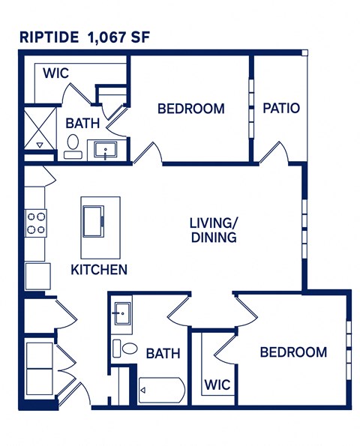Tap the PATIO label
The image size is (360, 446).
pos(281,108)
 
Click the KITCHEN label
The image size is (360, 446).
pos(99,269)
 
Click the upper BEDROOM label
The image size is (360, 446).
pos(190,109)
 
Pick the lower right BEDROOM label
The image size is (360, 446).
pos(293,352)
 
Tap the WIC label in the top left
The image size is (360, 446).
pos(56,73)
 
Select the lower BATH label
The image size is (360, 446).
pos(162,352)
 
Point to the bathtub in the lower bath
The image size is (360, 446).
pos(160,391)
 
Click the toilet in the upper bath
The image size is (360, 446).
pos(73,145)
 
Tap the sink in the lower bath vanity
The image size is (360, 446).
pos(122,314)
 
